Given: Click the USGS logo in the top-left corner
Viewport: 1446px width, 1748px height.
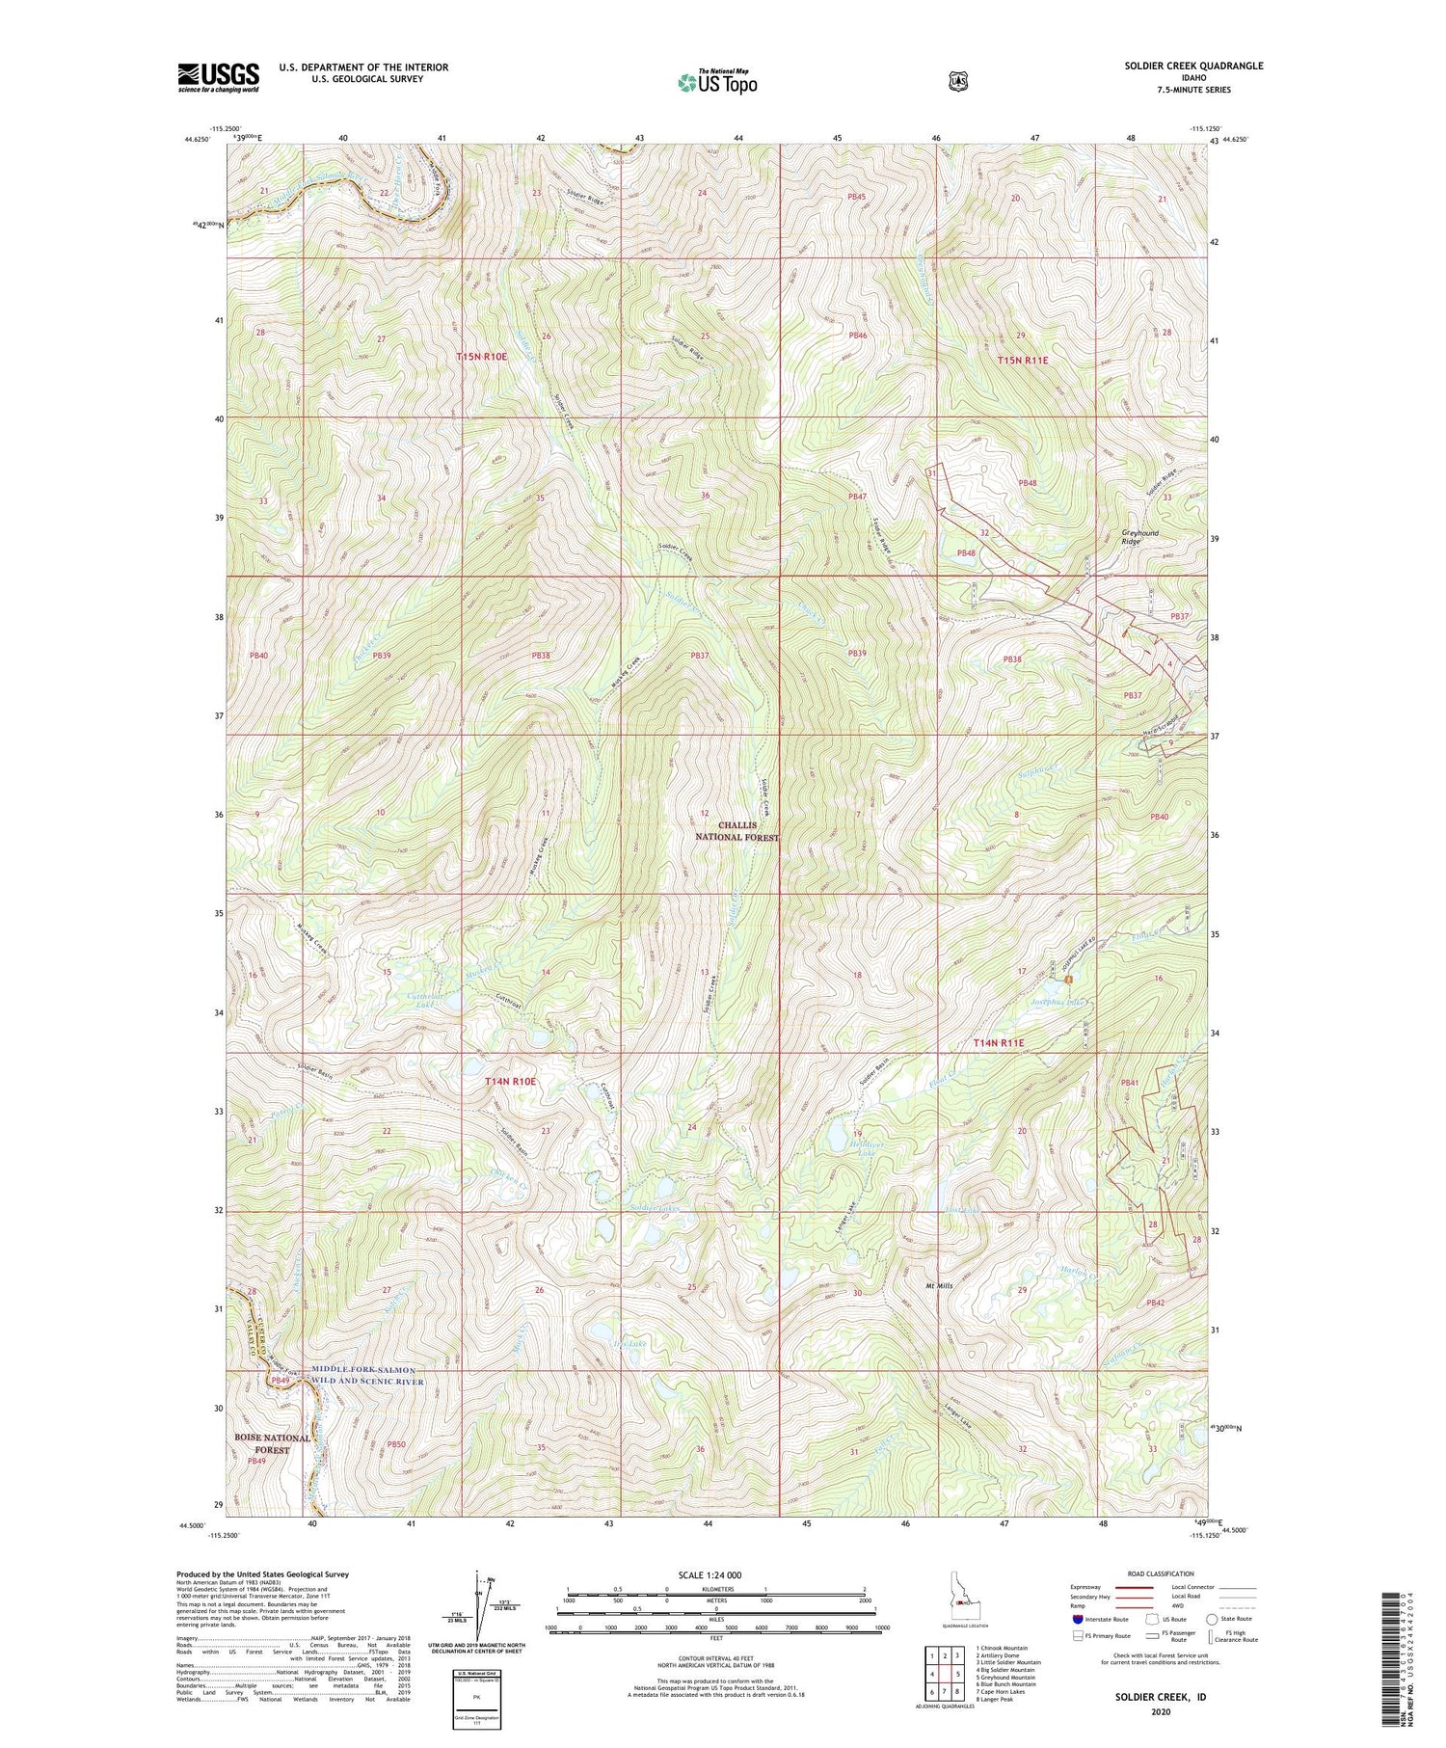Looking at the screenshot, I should pyautogui.click(x=219, y=77).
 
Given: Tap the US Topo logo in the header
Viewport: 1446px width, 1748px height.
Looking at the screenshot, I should pyautogui.click(x=716, y=82).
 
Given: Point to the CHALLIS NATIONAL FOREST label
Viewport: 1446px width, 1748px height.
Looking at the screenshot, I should pyautogui.click(x=736, y=831).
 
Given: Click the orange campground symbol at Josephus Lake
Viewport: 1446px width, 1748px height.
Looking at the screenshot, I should pyautogui.click(x=1069, y=981).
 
